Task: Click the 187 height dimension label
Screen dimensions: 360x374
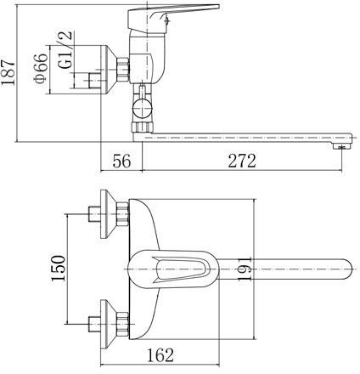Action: pyautogui.click(x=8, y=72)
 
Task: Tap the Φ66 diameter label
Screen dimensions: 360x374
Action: pyautogui.click(x=41, y=68)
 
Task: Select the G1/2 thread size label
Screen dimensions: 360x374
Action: pyautogui.click(x=65, y=50)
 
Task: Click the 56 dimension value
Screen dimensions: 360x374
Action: pyautogui.click(x=121, y=161)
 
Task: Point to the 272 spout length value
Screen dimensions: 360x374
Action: pyautogui.click(x=242, y=161)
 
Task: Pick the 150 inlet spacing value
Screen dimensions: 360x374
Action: pyautogui.click(x=59, y=268)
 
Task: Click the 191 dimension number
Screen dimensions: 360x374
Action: pyautogui.click(x=245, y=269)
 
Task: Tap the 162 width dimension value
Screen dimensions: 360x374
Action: pyautogui.click(x=160, y=354)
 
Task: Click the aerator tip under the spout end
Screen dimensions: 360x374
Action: pyautogui.click(x=341, y=147)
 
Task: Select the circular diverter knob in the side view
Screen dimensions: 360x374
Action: pyautogui.click(x=143, y=108)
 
